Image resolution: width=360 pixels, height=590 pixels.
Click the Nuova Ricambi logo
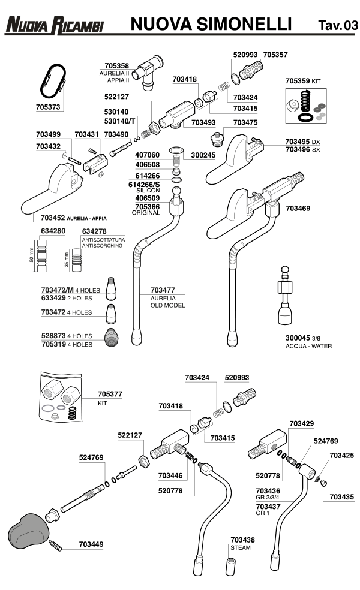click(54, 25)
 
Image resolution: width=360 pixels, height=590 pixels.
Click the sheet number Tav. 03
click(337, 25)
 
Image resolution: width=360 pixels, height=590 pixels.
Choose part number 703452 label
click(53, 218)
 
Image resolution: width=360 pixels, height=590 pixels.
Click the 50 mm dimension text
click(31, 252)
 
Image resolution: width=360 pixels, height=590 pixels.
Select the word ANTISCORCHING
click(102, 245)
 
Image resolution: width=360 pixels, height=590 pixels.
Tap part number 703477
click(163, 290)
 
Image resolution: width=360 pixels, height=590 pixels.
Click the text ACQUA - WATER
click(308, 347)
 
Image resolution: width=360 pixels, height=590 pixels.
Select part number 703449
click(91, 544)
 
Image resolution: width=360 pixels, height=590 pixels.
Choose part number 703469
click(298, 209)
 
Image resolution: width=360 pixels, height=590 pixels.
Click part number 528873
click(53, 336)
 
